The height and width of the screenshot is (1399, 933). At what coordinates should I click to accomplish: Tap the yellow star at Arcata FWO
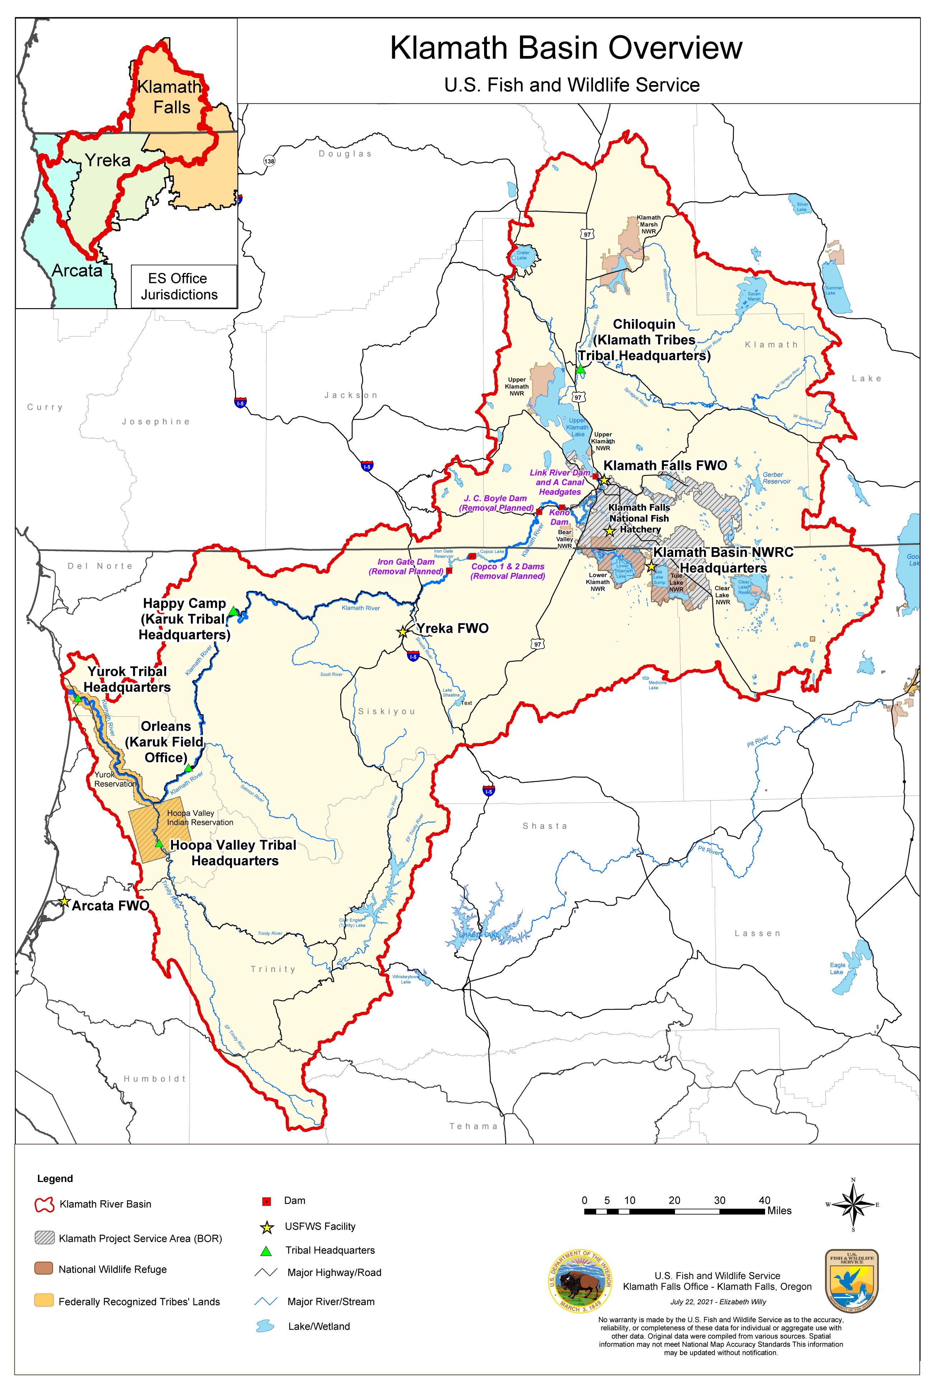click(x=65, y=902)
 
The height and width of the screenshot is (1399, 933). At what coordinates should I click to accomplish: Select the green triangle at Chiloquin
click(x=581, y=370)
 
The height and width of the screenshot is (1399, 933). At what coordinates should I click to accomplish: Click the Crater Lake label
click(x=522, y=255)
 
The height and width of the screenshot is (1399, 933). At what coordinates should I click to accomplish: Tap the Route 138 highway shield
click(x=269, y=161)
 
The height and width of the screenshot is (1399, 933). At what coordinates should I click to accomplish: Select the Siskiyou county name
click(x=386, y=711)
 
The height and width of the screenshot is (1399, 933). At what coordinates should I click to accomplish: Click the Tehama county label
click(x=473, y=1126)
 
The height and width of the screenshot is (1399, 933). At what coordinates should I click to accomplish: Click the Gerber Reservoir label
click(x=777, y=478)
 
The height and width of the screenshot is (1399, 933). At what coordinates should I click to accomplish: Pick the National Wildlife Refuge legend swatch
click(x=44, y=1269)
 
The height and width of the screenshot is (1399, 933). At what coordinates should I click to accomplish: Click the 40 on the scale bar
click(x=765, y=1200)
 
